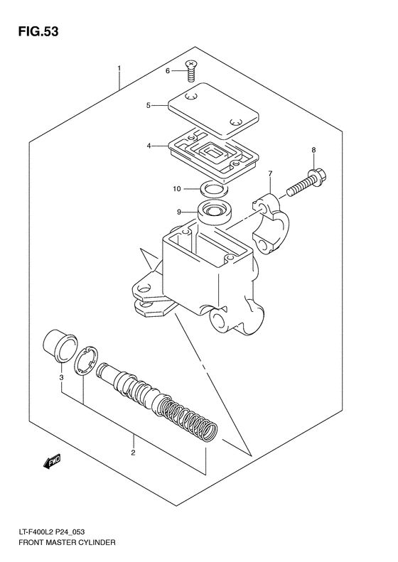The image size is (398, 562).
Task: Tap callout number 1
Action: pos(119,69)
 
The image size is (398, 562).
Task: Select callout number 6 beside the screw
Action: pos(168,71)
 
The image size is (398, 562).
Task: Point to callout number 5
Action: pos(149,106)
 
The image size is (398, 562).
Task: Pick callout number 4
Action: pos(149,146)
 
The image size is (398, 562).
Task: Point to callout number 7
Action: pos(270,174)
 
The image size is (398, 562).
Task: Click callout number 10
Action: pos(177,189)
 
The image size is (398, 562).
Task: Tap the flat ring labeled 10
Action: pos(211,189)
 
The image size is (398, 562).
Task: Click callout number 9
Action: pos(179,211)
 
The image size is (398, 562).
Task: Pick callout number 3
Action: pos(61,377)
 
